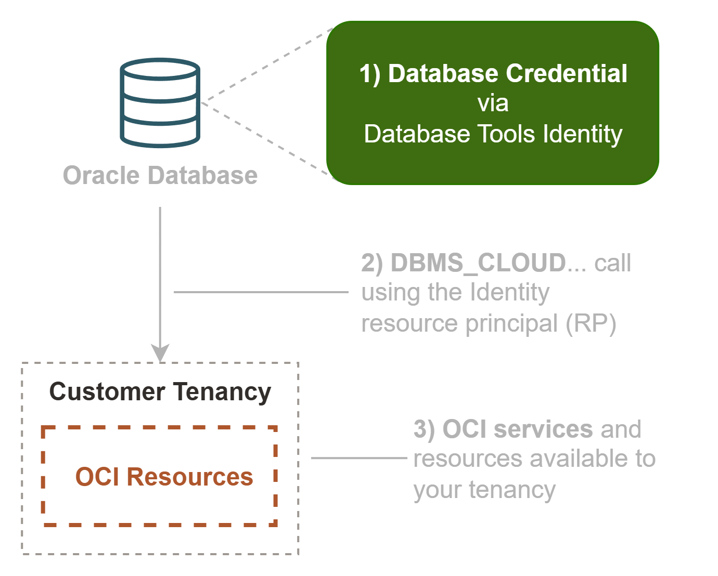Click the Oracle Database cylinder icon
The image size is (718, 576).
tap(160, 103)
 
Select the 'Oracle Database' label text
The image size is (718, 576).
tap(160, 176)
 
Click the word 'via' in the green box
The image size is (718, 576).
tap(493, 103)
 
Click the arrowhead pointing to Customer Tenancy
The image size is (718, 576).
tap(160, 352)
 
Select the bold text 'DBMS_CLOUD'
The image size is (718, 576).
tap(478, 263)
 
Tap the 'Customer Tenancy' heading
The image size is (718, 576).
tap(160, 391)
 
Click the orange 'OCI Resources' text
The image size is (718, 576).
tap(164, 477)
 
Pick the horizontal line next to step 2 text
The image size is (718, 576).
tap(260, 292)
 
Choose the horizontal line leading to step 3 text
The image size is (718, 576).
tap(359, 458)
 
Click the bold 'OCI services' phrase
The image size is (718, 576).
tap(517, 429)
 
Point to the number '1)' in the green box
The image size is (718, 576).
tap(370, 74)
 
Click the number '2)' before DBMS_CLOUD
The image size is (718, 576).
tap(372, 263)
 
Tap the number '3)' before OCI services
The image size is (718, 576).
tap(424, 429)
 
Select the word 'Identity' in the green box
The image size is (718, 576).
tap(582, 134)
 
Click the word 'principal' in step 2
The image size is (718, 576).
tap(511, 323)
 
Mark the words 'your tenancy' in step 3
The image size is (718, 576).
tap(484, 490)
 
